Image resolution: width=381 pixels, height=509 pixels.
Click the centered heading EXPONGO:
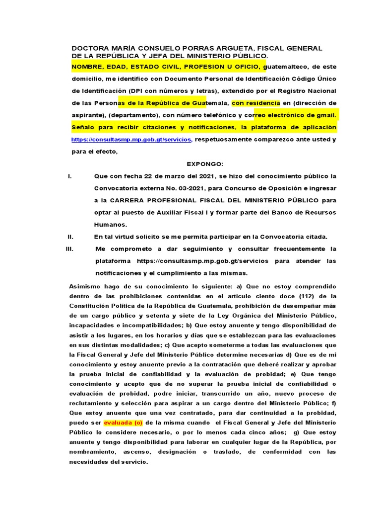(205, 164)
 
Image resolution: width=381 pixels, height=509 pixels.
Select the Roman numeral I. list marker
(69, 176)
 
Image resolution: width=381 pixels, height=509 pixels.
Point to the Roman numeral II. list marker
(70, 236)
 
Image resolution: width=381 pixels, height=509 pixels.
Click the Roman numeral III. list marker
(69, 249)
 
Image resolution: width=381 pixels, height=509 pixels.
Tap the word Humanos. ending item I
(111, 224)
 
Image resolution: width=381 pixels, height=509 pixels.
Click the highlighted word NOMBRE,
(88, 66)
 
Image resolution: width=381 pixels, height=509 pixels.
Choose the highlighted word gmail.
(325, 115)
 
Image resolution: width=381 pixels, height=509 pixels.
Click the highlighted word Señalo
(85, 128)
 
